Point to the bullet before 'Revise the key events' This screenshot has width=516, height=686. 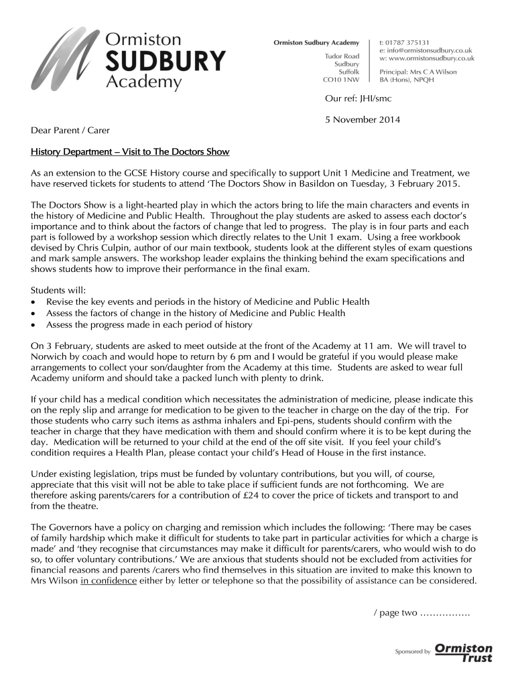click(x=35, y=302)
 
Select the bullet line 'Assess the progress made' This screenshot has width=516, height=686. click(x=149, y=325)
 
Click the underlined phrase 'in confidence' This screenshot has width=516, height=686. click(x=109, y=581)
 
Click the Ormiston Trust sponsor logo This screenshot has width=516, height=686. click(x=464, y=653)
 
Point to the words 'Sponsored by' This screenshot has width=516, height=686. click(x=413, y=652)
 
